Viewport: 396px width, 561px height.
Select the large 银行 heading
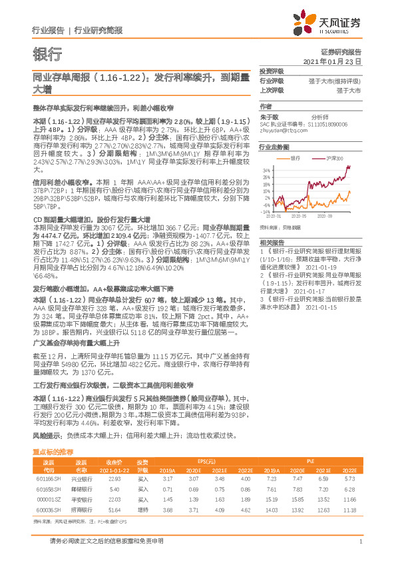coord(47,54)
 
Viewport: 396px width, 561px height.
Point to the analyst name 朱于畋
coord(268,115)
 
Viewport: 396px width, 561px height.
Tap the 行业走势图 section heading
coord(274,147)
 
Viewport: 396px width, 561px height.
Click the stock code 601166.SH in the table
coord(48,479)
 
